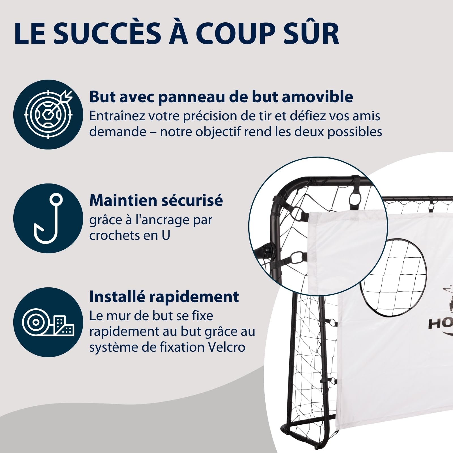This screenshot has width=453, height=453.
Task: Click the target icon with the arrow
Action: pos(48,114)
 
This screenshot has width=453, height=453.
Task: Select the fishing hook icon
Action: pos(48,218)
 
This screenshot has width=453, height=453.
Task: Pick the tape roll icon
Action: pos(48,322)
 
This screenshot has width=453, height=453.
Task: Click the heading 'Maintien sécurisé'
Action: pos(156,200)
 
